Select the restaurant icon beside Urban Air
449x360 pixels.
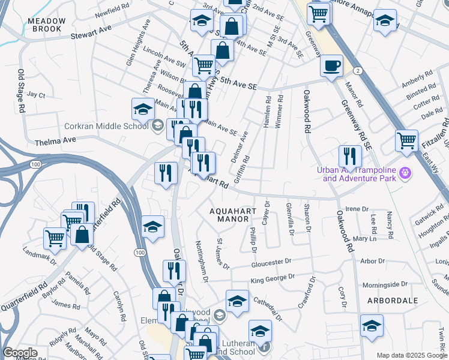349,156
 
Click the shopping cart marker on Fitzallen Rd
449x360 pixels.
406,140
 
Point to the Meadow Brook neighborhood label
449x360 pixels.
45,25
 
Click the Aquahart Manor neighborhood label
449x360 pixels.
229,215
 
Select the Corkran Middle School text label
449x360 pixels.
107,126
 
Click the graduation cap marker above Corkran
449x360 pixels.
143,109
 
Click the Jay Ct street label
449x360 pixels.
36,95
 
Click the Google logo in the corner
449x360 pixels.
20,353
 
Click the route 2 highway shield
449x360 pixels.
358,71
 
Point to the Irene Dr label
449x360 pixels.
357,209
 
